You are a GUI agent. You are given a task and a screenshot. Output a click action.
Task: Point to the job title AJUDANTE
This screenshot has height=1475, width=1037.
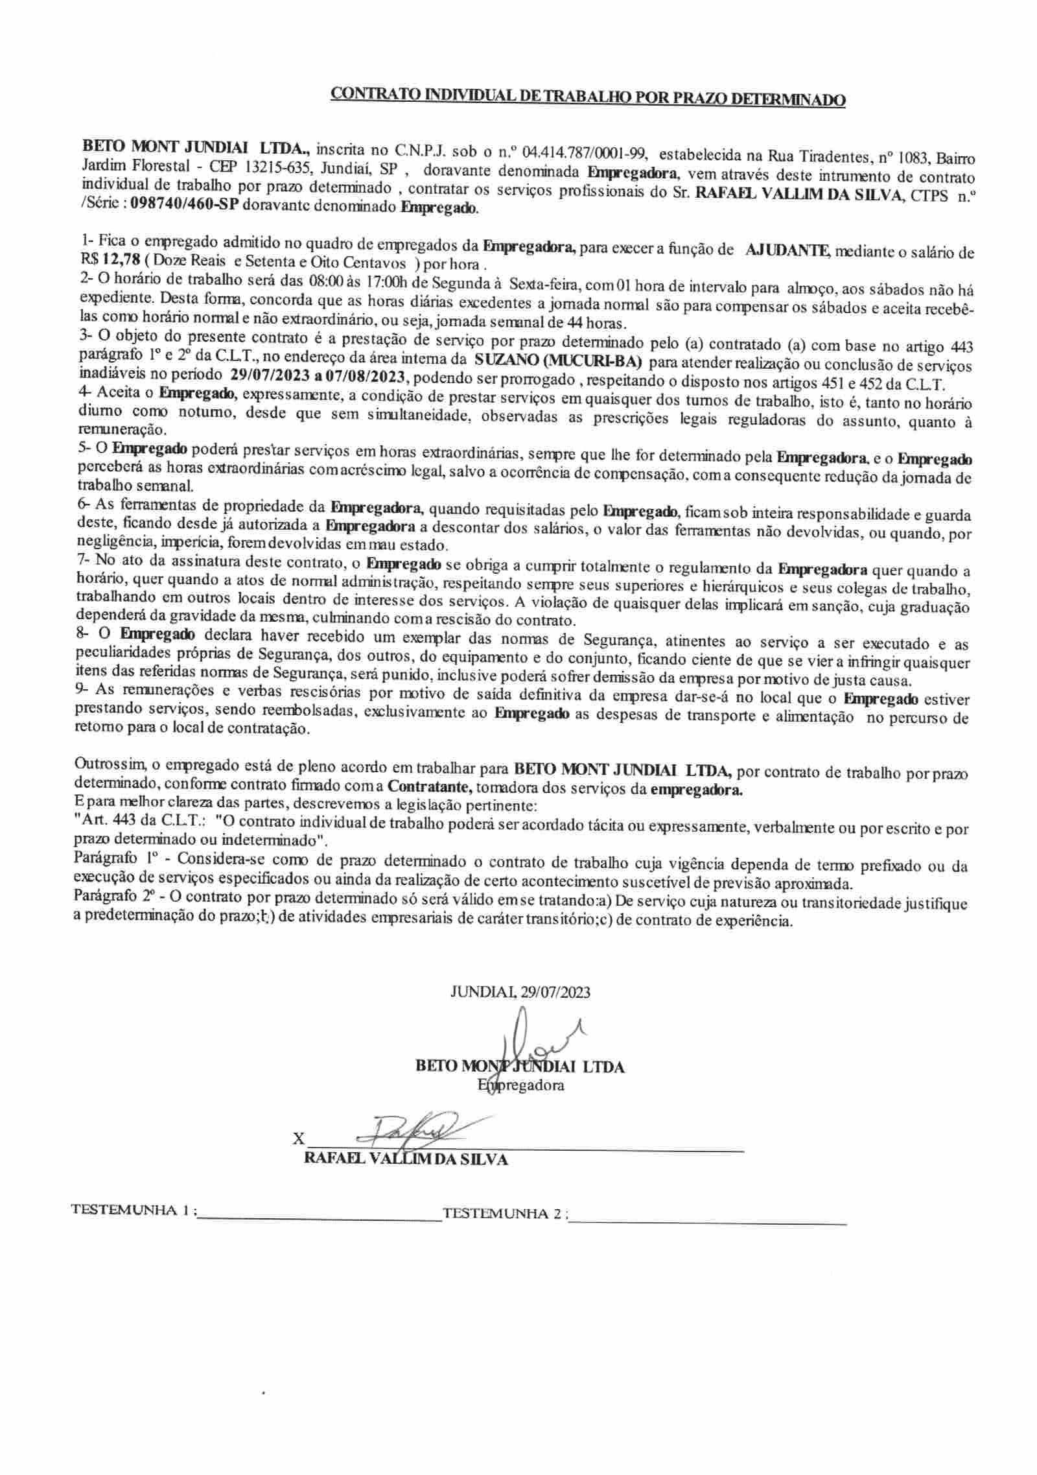click(x=786, y=250)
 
